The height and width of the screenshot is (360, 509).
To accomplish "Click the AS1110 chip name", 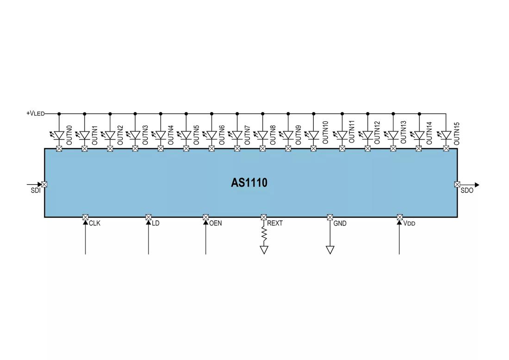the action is pyautogui.click(x=249, y=182).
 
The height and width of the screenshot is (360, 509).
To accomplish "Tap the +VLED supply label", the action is pyautogui.click(x=35, y=114).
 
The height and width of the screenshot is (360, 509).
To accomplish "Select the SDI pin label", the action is pyautogui.click(x=36, y=191).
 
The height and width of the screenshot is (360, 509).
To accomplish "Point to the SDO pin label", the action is pyautogui.click(x=467, y=191).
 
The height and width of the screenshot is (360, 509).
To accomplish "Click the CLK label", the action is pyautogui.click(x=94, y=223).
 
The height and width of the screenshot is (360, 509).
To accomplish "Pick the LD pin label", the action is pyautogui.click(x=155, y=223).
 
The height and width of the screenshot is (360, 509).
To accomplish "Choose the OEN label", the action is pyautogui.click(x=216, y=223).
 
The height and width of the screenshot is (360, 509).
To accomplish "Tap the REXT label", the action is pyautogui.click(x=274, y=223).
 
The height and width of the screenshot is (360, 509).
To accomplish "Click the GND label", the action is pyautogui.click(x=340, y=223).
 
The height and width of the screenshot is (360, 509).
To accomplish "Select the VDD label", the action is pyautogui.click(x=410, y=223).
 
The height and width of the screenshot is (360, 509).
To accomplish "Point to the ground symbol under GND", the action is pyautogui.click(x=330, y=250).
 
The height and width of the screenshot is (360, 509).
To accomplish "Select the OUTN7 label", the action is pyautogui.click(x=248, y=135).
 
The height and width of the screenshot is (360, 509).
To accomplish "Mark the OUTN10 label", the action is pyautogui.click(x=325, y=132).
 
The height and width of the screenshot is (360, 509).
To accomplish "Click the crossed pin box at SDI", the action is pyautogui.click(x=44, y=184).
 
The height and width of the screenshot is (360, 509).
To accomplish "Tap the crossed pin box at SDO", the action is pyautogui.click(x=457, y=184).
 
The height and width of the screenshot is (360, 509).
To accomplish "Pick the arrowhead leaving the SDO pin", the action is pyautogui.click(x=477, y=185).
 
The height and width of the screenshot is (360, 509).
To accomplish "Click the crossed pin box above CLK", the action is pyautogui.click(x=86, y=217).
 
